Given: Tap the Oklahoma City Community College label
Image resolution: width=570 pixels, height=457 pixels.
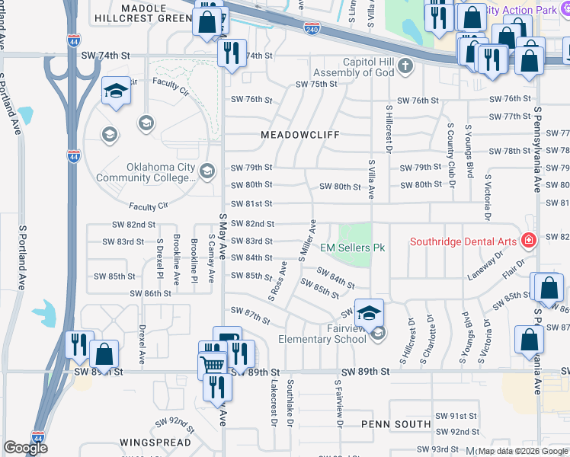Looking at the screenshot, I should point(162,172).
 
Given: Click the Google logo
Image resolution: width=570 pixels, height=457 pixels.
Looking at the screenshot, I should point(25,447).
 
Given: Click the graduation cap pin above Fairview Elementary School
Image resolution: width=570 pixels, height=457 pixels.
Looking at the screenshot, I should point(369,314).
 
